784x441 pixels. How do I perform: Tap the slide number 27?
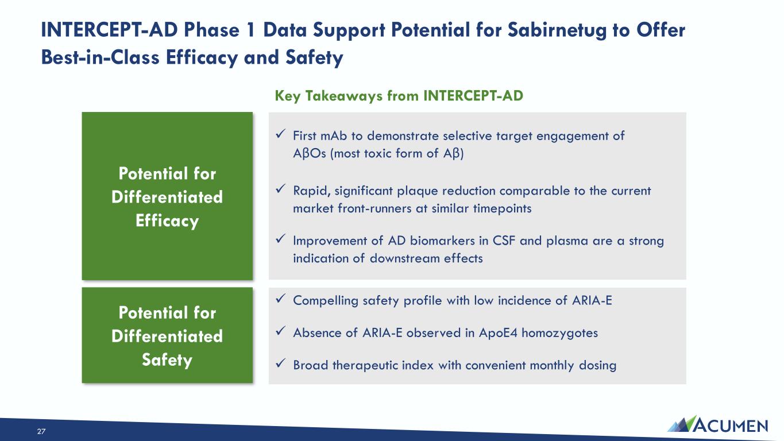41,431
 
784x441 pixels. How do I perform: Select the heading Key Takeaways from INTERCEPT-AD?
399,95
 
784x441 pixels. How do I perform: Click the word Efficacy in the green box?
167,221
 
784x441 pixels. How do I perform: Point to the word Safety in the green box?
167,360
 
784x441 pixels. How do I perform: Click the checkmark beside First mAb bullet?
281,134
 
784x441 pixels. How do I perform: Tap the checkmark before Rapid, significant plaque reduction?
281,189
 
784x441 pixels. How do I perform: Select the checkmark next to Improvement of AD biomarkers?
281,239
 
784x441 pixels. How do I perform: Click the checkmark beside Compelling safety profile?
281,299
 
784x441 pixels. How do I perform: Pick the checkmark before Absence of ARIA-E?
281,331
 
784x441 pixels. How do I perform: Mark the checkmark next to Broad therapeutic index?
281,363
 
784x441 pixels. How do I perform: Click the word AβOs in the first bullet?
310,154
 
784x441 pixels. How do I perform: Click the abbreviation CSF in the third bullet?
504,241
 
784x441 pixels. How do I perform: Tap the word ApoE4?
498,333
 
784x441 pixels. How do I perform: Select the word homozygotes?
559,333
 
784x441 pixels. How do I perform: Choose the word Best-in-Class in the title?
101,57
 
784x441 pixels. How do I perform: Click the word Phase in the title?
212,30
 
